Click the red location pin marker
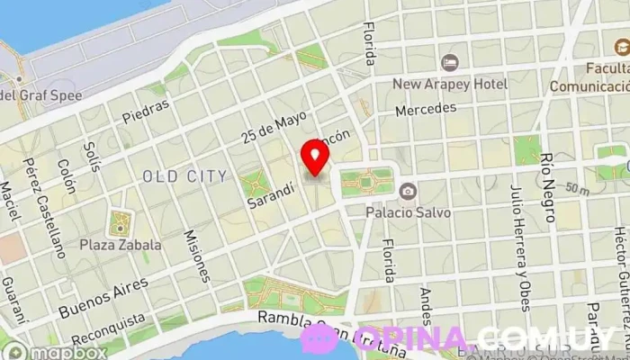(315, 156)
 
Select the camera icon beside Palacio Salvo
(408, 191)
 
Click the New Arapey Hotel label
(449, 84)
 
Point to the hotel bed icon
(450, 62)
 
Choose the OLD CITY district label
(184, 175)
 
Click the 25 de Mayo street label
(274, 127)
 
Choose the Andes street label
(426, 309)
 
